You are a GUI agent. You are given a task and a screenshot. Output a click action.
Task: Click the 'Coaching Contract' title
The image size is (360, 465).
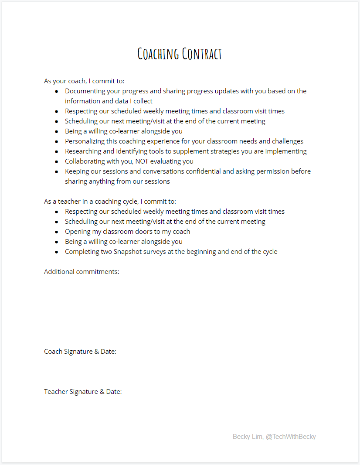click(180, 54)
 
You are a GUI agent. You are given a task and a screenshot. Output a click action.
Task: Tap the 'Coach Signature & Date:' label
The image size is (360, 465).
click(80, 352)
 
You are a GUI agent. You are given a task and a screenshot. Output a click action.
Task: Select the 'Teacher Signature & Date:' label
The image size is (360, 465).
click(83, 392)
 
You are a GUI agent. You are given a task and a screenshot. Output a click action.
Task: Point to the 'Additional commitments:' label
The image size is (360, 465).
click(82, 272)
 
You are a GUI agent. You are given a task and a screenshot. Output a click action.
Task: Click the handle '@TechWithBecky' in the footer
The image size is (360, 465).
click(291, 437)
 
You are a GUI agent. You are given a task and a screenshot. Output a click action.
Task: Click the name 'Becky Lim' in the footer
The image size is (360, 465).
click(247, 437)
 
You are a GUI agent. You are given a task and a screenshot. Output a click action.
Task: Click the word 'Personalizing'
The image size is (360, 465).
click(85, 141)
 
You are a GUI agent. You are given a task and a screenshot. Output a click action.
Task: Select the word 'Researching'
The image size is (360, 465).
click(84, 151)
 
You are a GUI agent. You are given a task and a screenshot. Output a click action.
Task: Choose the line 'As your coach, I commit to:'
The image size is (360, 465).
click(84, 81)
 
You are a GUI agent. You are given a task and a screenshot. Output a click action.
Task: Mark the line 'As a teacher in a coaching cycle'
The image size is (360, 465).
click(110, 202)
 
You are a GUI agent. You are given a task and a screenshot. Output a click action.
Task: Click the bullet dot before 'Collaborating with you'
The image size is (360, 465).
click(57, 161)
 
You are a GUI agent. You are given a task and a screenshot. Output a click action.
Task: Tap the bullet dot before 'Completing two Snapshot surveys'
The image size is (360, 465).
click(57, 252)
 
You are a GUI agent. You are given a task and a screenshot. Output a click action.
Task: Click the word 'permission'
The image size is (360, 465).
click(273, 171)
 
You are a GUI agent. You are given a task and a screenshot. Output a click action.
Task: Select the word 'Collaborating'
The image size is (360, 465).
click(86, 161)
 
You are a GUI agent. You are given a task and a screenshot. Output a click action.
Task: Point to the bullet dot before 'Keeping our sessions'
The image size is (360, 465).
click(57, 171)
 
